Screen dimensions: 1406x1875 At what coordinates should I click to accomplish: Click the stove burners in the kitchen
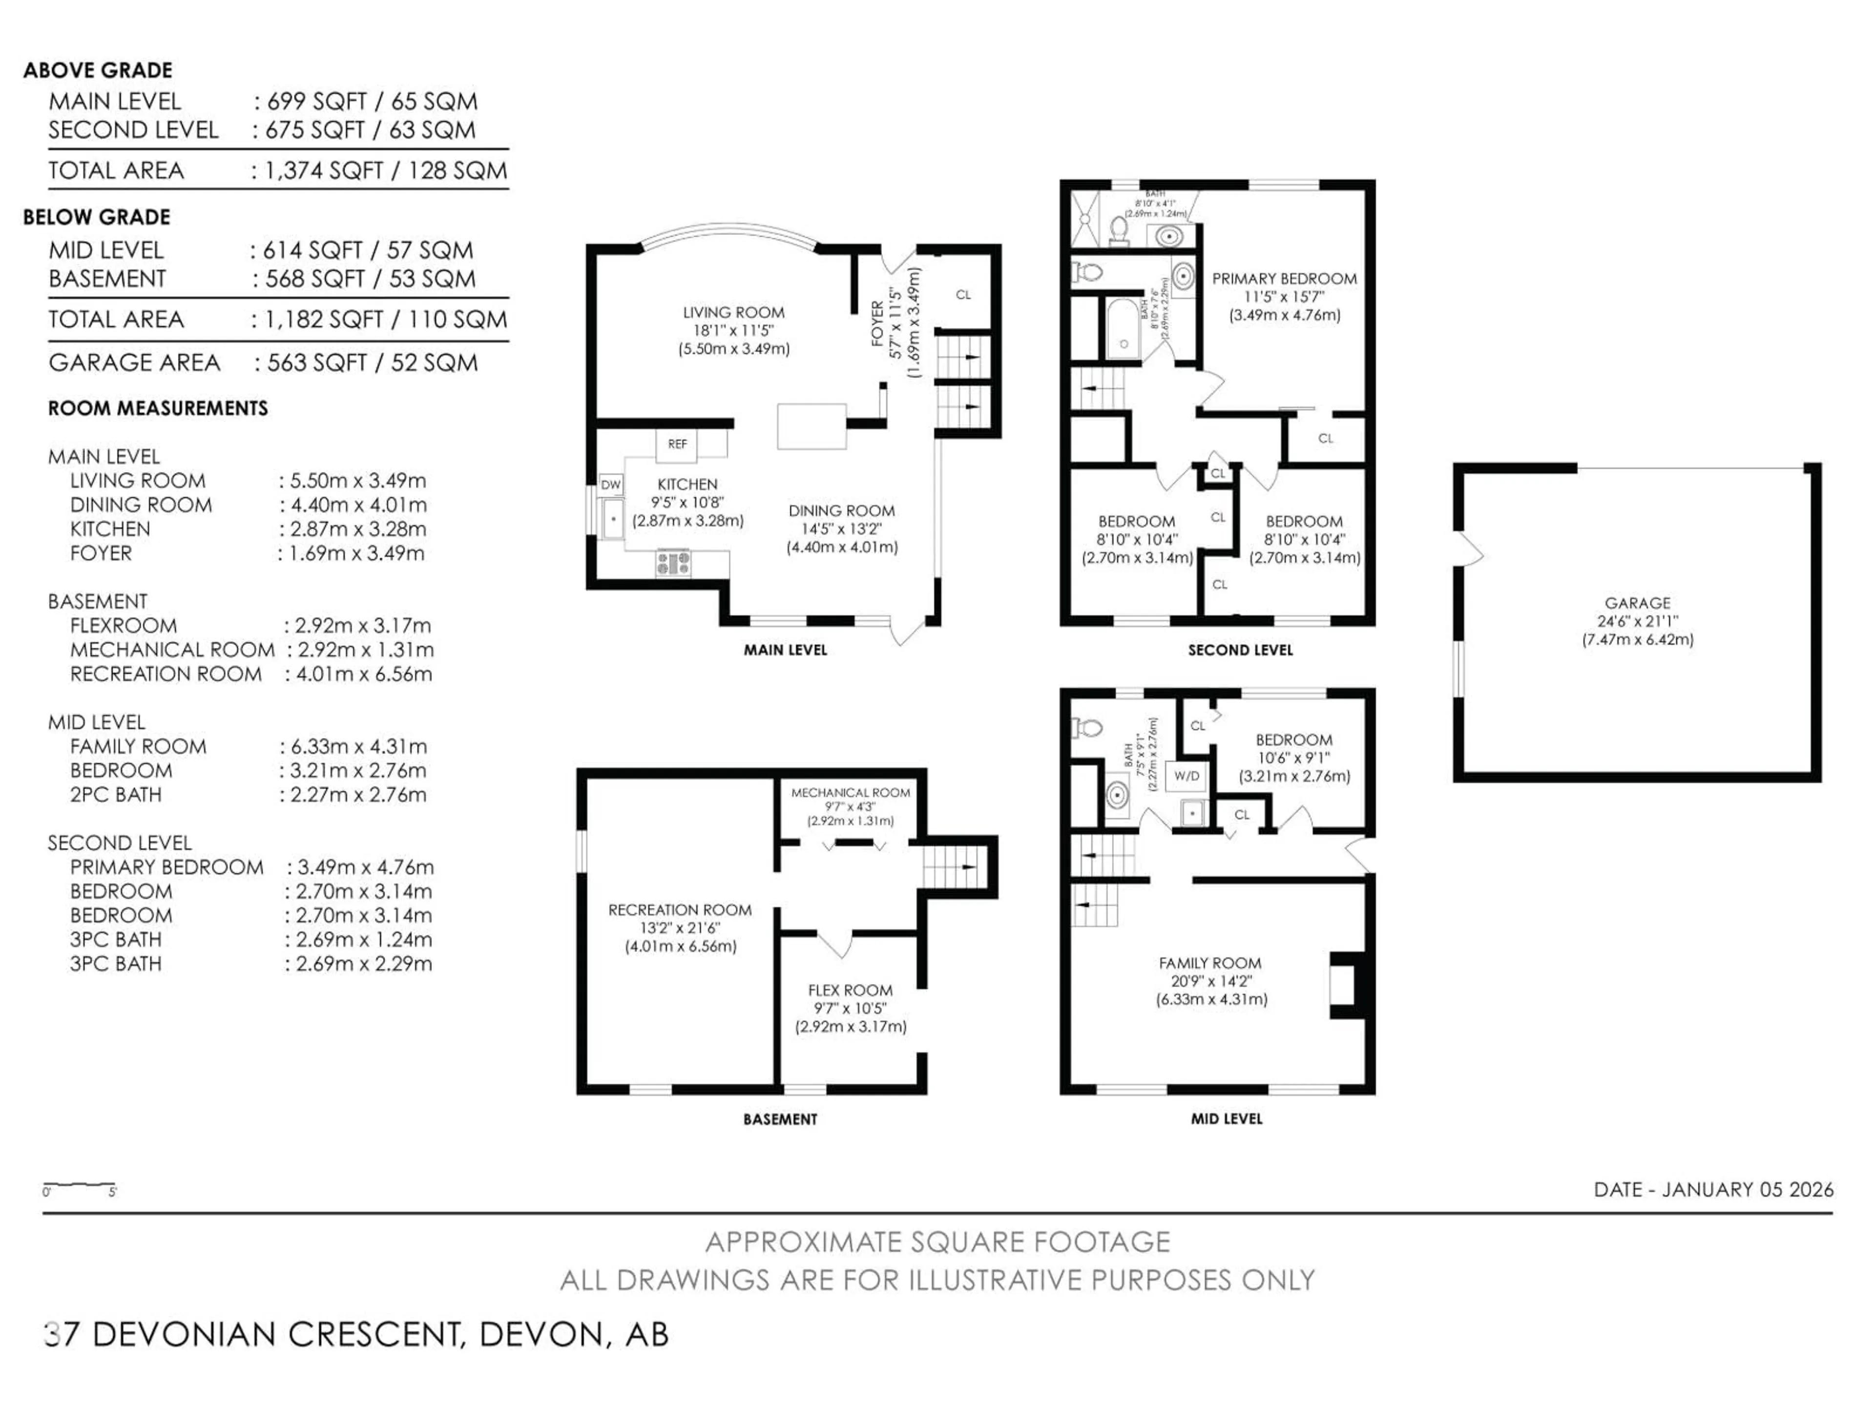pos(673,563)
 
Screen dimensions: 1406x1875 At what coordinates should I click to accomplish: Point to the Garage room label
pos(1637,603)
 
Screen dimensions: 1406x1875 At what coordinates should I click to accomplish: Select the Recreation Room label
pos(680,910)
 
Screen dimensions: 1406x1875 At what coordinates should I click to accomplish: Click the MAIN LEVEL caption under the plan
pos(785,650)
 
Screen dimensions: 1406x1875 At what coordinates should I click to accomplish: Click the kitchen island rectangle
pos(812,426)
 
